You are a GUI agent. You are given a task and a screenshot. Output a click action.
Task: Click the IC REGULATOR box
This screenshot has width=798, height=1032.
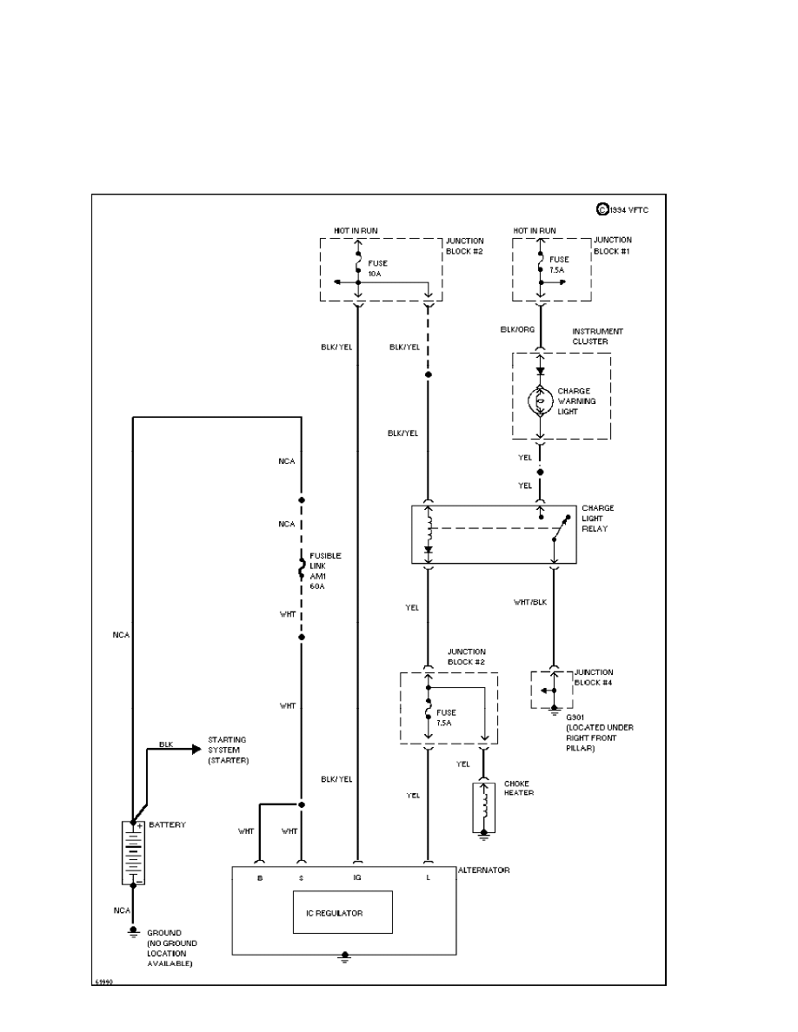341,913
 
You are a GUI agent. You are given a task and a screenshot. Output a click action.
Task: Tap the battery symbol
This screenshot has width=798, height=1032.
133,852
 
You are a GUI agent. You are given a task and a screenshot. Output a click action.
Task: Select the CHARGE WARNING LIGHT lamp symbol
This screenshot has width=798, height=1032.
540,400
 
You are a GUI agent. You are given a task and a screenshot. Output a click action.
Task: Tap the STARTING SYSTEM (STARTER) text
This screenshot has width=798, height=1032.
228,750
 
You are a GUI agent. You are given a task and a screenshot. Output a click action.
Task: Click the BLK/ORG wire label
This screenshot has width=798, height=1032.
513,330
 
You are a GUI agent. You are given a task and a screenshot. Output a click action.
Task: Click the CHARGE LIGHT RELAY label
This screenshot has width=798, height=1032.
598,518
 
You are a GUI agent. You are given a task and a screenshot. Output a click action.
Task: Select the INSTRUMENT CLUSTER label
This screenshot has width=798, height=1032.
597,336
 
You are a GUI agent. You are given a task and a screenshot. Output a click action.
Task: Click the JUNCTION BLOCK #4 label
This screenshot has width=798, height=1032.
594,677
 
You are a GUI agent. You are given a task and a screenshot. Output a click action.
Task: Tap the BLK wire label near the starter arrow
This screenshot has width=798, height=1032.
167,744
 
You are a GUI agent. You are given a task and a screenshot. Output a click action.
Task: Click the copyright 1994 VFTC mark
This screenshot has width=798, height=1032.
623,209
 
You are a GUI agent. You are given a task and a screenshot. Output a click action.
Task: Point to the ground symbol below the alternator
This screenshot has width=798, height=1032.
344,957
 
